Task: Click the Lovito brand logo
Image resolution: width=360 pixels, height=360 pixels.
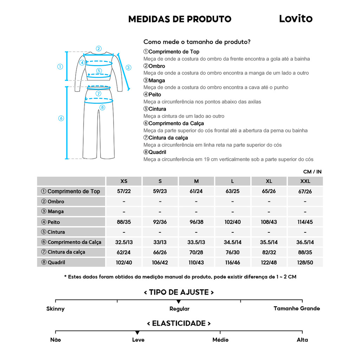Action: click(x=296, y=19)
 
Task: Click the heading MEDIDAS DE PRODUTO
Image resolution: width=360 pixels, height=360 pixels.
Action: click(x=180, y=19)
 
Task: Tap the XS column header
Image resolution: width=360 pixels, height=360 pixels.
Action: click(x=124, y=181)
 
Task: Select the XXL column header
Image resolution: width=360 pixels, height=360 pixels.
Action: click(x=305, y=181)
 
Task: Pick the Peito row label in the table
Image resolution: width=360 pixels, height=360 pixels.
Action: click(x=54, y=222)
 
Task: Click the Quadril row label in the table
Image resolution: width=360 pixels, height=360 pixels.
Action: click(x=56, y=262)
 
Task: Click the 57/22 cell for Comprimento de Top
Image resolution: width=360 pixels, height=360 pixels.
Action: click(x=124, y=192)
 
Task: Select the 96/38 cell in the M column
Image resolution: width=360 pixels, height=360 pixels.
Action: click(x=196, y=222)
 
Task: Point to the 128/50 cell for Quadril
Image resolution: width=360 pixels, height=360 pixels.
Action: click(x=305, y=263)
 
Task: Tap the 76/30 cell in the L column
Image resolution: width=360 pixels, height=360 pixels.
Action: click(x=232, y=252)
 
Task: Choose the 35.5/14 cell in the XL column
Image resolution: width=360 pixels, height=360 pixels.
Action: click(x=269, y=242)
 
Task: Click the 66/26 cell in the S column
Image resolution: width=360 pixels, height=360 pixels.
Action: click(x=160, y=252)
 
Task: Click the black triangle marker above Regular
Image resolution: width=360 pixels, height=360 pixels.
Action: click(x=179, y=302)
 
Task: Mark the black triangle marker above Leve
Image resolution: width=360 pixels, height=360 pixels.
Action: click(x=137, y=333)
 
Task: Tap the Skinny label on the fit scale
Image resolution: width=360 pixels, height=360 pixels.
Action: click(x=56, y=309)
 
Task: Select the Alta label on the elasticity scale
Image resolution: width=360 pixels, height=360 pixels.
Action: click(x=302, y=340)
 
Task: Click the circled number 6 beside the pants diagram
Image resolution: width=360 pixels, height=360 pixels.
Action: click(x=61, y=118)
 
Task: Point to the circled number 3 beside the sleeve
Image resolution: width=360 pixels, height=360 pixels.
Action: click(x=128, y=67)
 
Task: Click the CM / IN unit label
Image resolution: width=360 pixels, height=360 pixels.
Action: click(x=312, y=172)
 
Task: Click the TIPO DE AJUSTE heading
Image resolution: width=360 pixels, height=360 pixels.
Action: click(x=179, y=292)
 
